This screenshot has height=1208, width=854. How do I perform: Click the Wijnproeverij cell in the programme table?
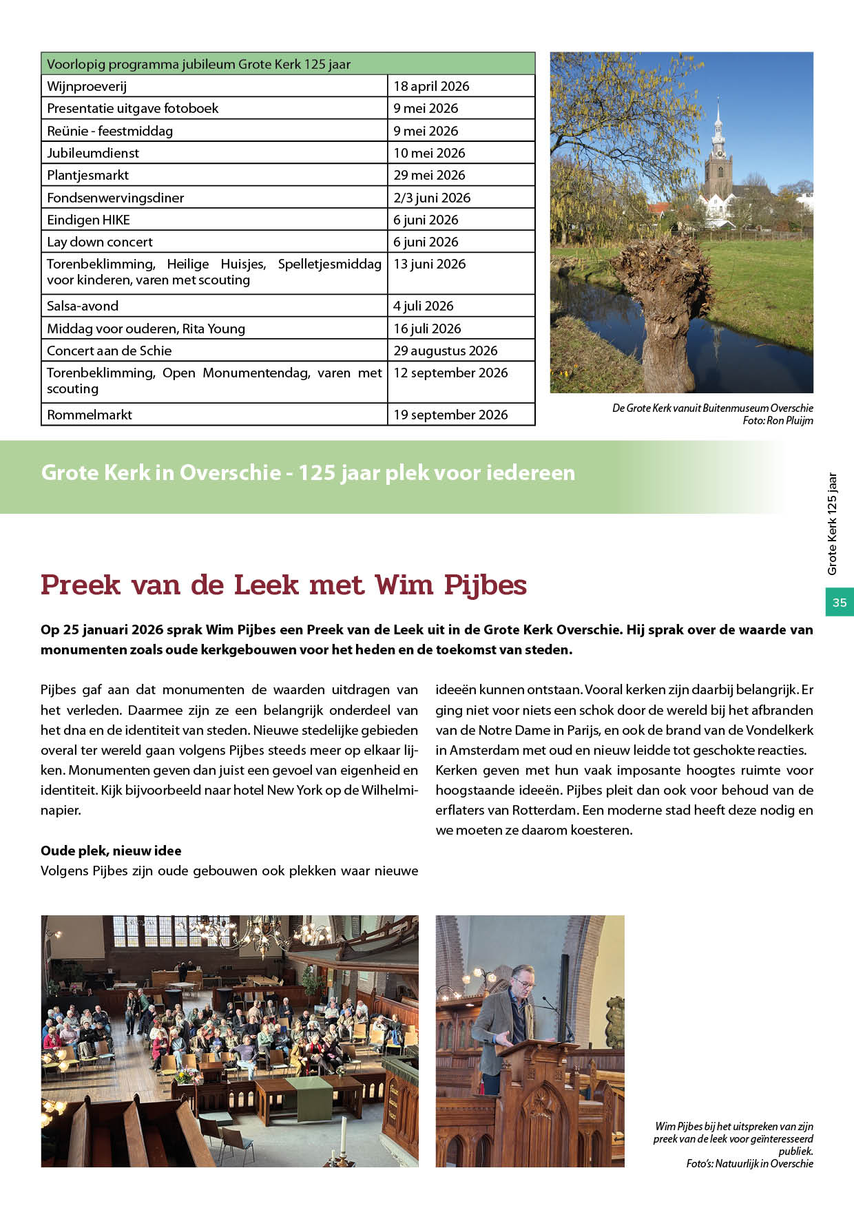coord(87,86)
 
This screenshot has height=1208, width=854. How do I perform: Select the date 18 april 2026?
coord(431,86)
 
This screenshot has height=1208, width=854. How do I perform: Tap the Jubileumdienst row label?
coord(93,153)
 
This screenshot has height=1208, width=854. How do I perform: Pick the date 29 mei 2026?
coord(429,175)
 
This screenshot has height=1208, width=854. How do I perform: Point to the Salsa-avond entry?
coord(83,306)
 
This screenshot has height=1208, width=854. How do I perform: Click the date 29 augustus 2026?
coord(445,351)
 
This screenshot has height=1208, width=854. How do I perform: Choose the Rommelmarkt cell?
coord(90,415)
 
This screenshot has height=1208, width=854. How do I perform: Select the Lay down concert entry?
coord(100,242)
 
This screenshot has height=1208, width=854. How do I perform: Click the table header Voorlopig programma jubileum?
coord(198,64)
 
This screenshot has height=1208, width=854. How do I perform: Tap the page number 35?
coord(840,603)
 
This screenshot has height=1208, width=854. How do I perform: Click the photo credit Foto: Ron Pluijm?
coord(778,421)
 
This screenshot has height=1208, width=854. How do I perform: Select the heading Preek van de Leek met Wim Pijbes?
coord(284,585)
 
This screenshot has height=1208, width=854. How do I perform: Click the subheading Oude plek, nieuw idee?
coord(111,851)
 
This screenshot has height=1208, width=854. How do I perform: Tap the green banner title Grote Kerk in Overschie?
coord(308,473)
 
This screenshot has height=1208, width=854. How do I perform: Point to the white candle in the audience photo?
coord(342,1136)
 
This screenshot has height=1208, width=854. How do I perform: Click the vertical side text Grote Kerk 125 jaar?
coord(833,523)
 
